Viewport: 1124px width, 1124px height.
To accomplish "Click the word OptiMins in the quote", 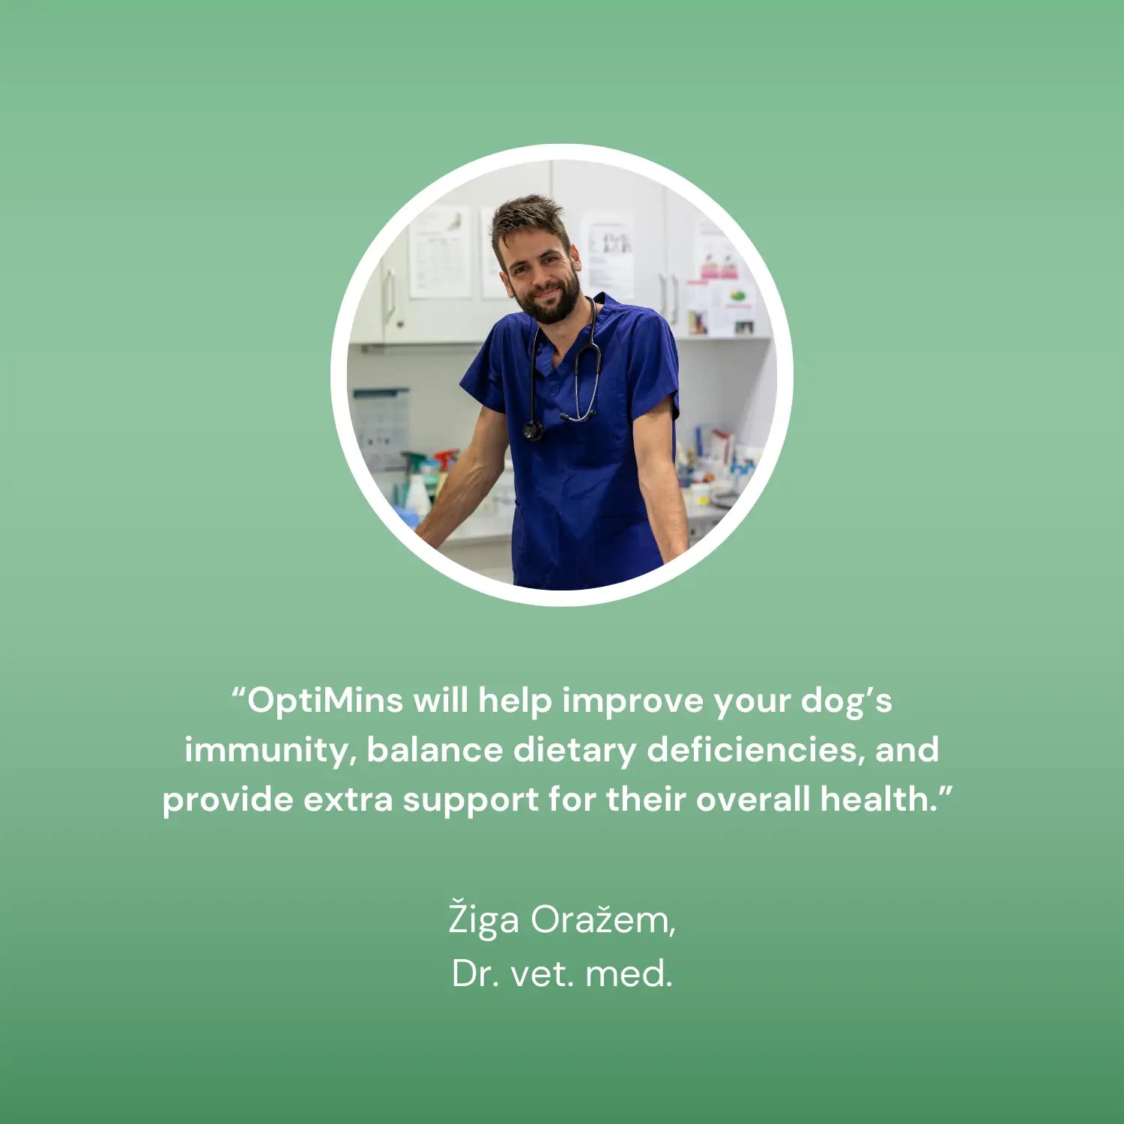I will pyautogui.click(x=325, y=701).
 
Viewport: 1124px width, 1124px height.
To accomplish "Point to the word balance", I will pyautogui.click(x=435, y=749).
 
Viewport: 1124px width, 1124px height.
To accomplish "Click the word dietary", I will pyautogui.click(x=575, y=751).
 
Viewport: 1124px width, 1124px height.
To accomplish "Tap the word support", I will pyautogui.click(x=471, y=800).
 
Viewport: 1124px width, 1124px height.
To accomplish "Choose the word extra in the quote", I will pyautogui.click(x=348, y=800).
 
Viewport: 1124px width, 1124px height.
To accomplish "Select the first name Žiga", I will pyautogui.click(x=483, y=919).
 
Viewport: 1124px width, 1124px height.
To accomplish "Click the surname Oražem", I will pyautogui.click(x=602, y=919).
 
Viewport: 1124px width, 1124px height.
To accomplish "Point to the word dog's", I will pyautogui.click(x=846, y=701).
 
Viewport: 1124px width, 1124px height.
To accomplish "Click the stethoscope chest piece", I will pyautogui.click(x=533, y=430).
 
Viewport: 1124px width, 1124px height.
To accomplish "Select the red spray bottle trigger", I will pyautogui.click(x=446, y=456).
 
